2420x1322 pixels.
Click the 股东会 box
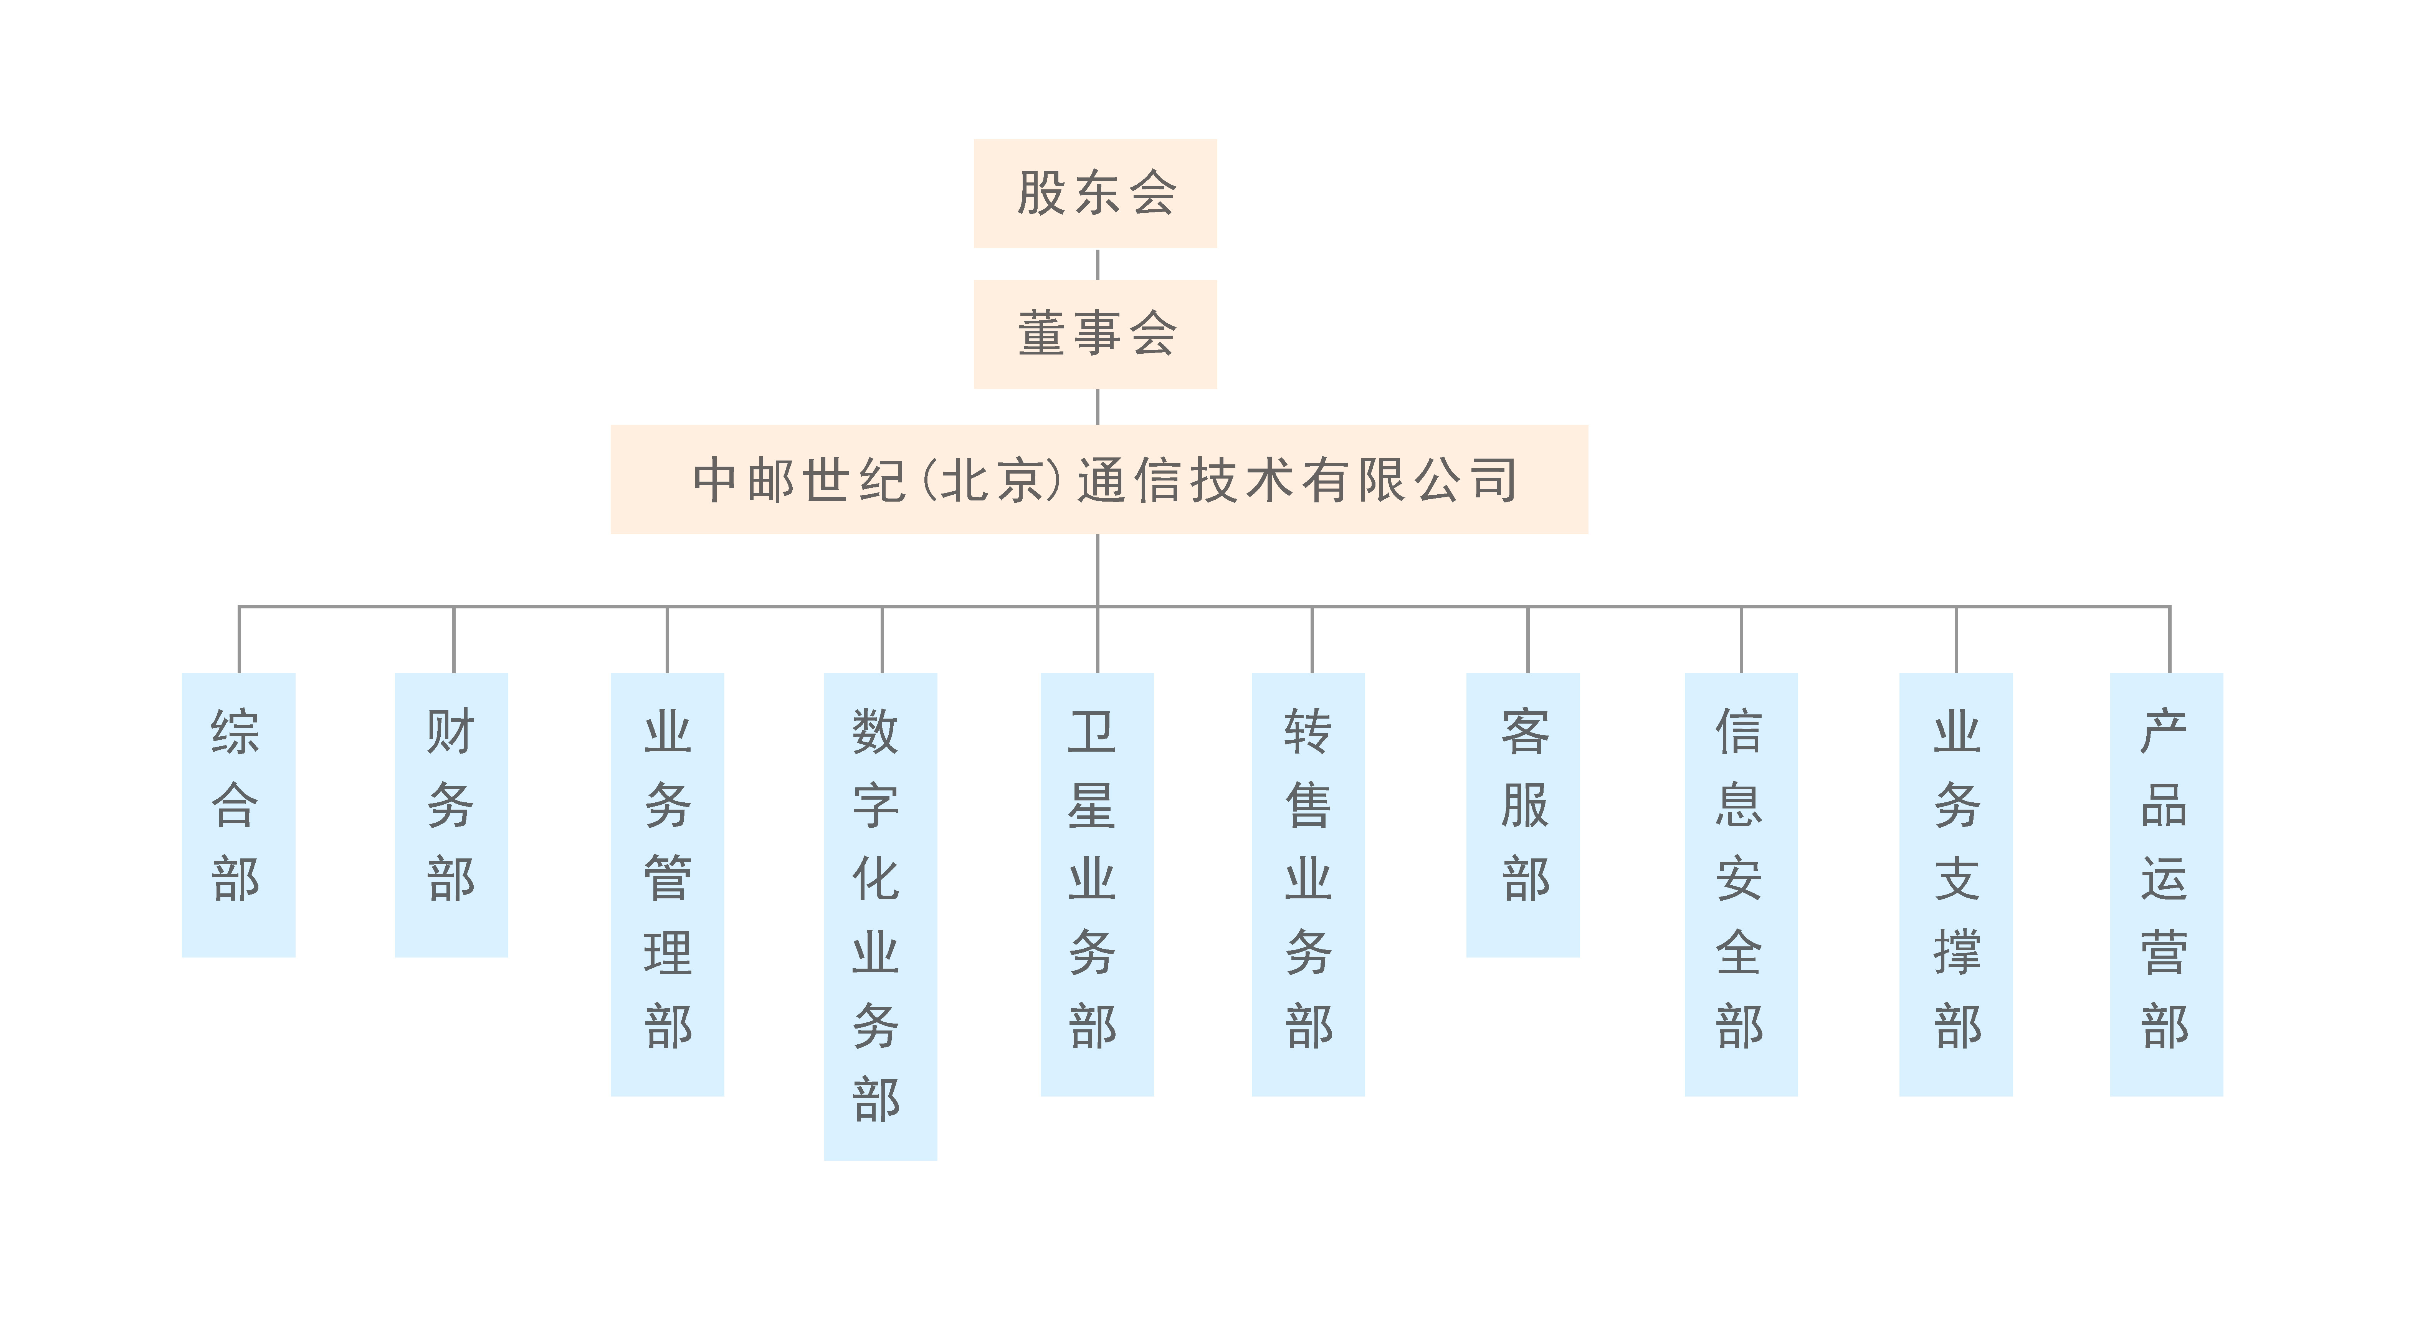click(1095, 194)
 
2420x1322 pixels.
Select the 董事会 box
click(1095, 335)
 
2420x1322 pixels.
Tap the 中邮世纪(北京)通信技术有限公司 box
click(1099, 479)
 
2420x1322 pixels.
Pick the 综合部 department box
click(239, 815)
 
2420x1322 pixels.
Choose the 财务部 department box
click(452, 815)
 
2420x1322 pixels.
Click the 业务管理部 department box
click(667, 884)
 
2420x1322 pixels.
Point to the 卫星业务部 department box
click(1097, 884)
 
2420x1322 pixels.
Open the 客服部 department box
click(1523, 815)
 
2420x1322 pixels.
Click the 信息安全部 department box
click(1741, 884)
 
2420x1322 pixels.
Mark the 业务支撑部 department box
click(1956, 884)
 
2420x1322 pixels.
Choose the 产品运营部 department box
click(2166, 884)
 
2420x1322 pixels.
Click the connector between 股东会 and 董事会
click(1097, 264)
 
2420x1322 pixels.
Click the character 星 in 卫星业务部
click(1092, 805)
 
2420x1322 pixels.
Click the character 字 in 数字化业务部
click(876, 805)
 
